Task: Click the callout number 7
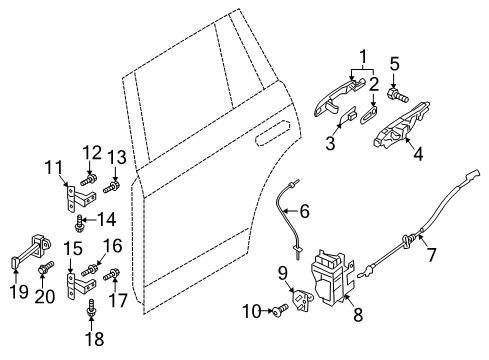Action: [x=432, y=255]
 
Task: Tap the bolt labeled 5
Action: [x=398, y=95]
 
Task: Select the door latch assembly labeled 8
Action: [x=332, y=277]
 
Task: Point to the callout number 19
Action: [x=18, y=292]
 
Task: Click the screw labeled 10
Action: [x=280, y=310]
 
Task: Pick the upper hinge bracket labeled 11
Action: [x=79, y=199]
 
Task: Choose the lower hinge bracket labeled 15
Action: [x=80, y=285]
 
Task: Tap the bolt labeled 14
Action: [x=79, y=224]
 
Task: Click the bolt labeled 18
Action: [x=91, y=308]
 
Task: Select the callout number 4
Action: [x=418, y=154]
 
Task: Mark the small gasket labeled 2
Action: [x=368, y=115]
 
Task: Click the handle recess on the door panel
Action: [x=272, y=134]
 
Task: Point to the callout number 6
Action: [x=305, y=212]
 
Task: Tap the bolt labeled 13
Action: [x=111, y=187]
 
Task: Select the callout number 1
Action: [x=363, y=57]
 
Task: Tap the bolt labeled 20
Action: [x=46, y=268]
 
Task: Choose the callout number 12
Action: [x=92, y=153]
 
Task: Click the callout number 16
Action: [x=112, y=246]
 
